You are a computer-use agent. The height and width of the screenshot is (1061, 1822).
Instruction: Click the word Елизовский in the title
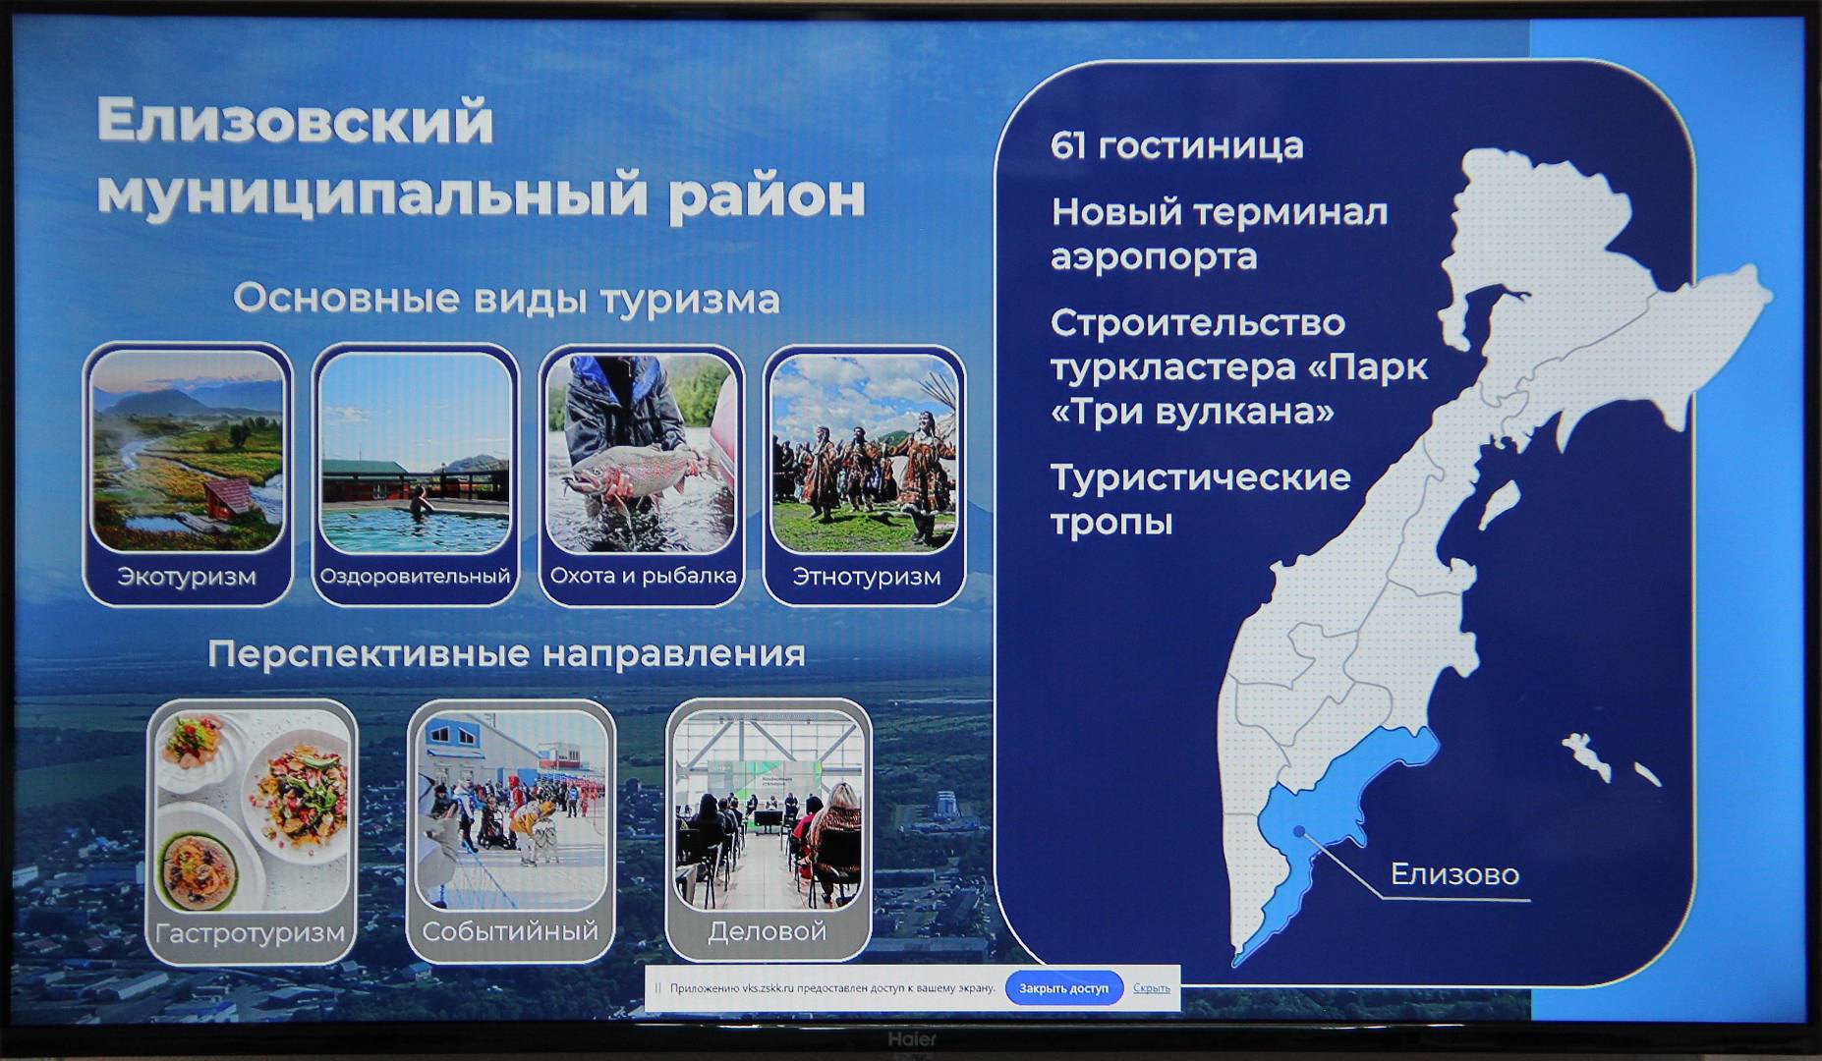pyautogui.click(x=295, y=121)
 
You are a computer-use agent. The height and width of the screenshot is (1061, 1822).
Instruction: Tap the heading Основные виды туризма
pyautogui.click(x=506, y=299)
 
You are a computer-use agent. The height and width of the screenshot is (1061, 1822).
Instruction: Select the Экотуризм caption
pyautogui.click(x=187, y=577)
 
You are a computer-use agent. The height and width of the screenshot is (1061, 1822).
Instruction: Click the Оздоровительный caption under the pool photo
pyautogui.click(x=415, y=576)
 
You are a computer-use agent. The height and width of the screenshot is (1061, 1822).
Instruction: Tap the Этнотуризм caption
pyautogui.click(x=866, y=577)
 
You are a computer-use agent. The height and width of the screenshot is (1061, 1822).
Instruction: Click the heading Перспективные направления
pyautogui.click(x=506, y=653)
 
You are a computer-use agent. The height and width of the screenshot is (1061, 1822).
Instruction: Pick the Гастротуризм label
pyautogui.click(x=251, y=932)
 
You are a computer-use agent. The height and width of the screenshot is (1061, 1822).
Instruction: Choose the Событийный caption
pyautogui.click(x=510, y=930)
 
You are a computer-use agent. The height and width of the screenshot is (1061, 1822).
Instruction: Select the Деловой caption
pyautogui.click(x=768, y=930)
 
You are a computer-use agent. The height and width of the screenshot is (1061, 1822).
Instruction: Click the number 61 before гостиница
pyautogui.click(x=1068, y=145)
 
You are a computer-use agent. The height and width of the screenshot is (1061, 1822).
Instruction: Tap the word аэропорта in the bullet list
pyautogui.click(x=1154, y=257)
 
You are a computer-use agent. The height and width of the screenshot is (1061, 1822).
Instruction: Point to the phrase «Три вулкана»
pyautogui.click(x=1192, y=411)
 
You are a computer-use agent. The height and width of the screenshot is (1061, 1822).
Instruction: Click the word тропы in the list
pyautogui.click(x=1111, y=522)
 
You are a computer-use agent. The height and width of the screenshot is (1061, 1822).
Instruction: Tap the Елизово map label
pyautogui.click(x=1454, y=873)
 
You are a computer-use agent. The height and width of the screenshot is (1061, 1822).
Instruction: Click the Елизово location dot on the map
pyautogui.click(x=1299, y=831)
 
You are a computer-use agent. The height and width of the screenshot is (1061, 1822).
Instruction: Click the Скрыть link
pyautogui.click(x=1151, y=988)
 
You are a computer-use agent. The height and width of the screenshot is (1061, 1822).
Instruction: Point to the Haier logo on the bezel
pyautogui.click(x=912, y=1038)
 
